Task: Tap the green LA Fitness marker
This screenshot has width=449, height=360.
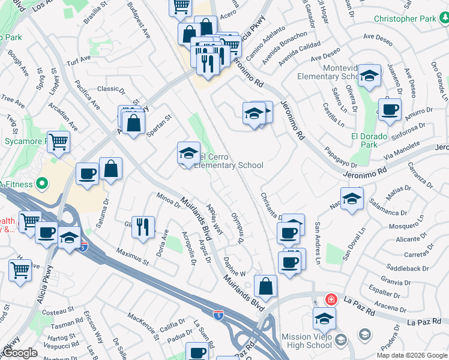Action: click(x=43, y=183)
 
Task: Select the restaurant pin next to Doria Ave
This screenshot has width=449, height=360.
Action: click(x=142, y=227)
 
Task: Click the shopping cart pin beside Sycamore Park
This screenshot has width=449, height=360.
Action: click(x=59, y=143)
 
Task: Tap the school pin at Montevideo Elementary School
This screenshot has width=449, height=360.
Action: click(x=369, y=76)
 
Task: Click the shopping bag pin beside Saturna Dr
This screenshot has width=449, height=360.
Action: click(x=111, y=169)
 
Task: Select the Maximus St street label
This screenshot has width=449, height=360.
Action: click(x=133, y=256)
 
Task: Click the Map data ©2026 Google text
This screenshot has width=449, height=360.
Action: click(x=412, y=355)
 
